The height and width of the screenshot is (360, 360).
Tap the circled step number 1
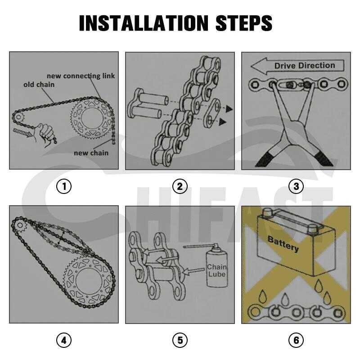64,186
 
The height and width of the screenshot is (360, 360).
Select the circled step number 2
180,186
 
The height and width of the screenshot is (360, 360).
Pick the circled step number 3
296,186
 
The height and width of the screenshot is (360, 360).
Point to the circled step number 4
64,341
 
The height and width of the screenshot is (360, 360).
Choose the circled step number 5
180,341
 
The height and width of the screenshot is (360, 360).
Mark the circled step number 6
296,341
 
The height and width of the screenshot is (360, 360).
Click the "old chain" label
39,85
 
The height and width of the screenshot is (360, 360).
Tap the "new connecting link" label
81,76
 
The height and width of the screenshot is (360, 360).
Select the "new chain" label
91,153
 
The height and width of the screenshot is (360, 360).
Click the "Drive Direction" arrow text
304,66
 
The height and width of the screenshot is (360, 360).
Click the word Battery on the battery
283,243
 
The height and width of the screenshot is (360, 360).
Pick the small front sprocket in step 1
18,118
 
